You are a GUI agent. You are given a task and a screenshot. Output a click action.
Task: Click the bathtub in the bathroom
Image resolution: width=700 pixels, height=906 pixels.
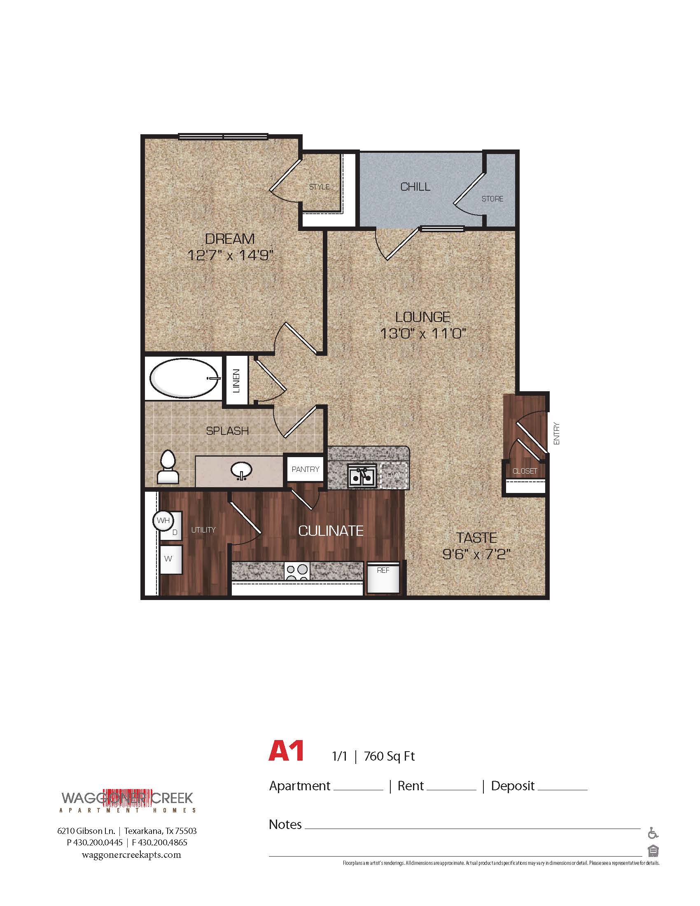coord(184,378)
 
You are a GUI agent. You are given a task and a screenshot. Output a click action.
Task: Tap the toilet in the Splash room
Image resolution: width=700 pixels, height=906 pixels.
coord(168,467)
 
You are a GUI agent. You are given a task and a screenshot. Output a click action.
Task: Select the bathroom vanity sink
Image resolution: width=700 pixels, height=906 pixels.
coord(241,471)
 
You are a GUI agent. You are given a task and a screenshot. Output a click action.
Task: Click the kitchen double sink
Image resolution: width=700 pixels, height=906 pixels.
coord(362,475)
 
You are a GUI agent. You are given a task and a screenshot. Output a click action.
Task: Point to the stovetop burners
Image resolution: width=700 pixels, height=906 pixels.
coord(297,572)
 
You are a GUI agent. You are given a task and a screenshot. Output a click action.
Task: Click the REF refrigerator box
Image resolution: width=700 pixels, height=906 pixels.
coord(383,577)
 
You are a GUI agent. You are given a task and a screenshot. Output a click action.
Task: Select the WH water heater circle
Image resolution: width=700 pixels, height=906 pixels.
coord(163,520)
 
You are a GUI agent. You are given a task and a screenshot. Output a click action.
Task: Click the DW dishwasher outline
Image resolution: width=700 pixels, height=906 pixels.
coord(393,475)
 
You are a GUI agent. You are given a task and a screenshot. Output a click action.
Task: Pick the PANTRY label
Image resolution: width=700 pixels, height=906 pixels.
coord(305,469)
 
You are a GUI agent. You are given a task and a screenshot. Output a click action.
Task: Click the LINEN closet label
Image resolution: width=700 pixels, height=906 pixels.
coord(236,381)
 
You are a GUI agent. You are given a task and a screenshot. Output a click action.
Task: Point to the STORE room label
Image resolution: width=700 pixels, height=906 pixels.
coord(492,199)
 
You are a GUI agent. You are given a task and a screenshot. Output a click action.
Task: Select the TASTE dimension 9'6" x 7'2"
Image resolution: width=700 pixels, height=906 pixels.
coord(476,554)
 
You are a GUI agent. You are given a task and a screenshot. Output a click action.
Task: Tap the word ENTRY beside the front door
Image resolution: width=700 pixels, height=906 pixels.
coord(557,434)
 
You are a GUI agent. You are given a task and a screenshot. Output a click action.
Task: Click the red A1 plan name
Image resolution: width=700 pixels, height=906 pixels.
coord(286,750)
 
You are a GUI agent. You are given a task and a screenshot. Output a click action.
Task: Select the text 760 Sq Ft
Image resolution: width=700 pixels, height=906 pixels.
coord(389,756)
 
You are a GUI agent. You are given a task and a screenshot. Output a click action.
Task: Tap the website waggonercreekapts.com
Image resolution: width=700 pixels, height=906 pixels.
coord(131,855)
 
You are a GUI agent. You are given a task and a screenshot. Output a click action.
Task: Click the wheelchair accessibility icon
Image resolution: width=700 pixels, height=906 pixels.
coord(653,833)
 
